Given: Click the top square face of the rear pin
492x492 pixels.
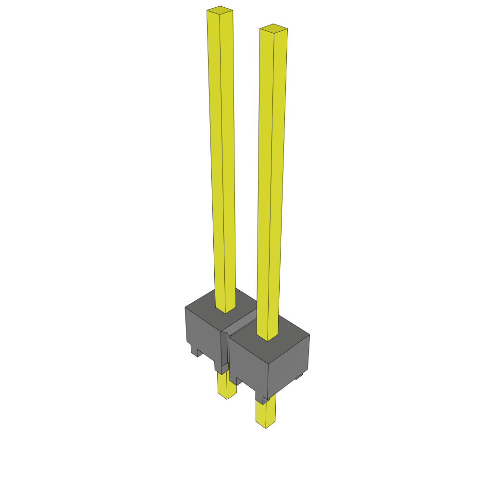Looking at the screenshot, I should [220, 10].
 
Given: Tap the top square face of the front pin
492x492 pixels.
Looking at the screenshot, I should [273, 28].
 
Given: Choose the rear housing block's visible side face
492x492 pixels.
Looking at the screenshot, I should [202, 332].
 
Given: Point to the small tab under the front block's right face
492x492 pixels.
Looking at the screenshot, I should [299, 377].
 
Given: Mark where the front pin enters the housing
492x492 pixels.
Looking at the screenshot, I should [268, 337].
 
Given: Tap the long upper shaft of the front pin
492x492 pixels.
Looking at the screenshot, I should [271, 178].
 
